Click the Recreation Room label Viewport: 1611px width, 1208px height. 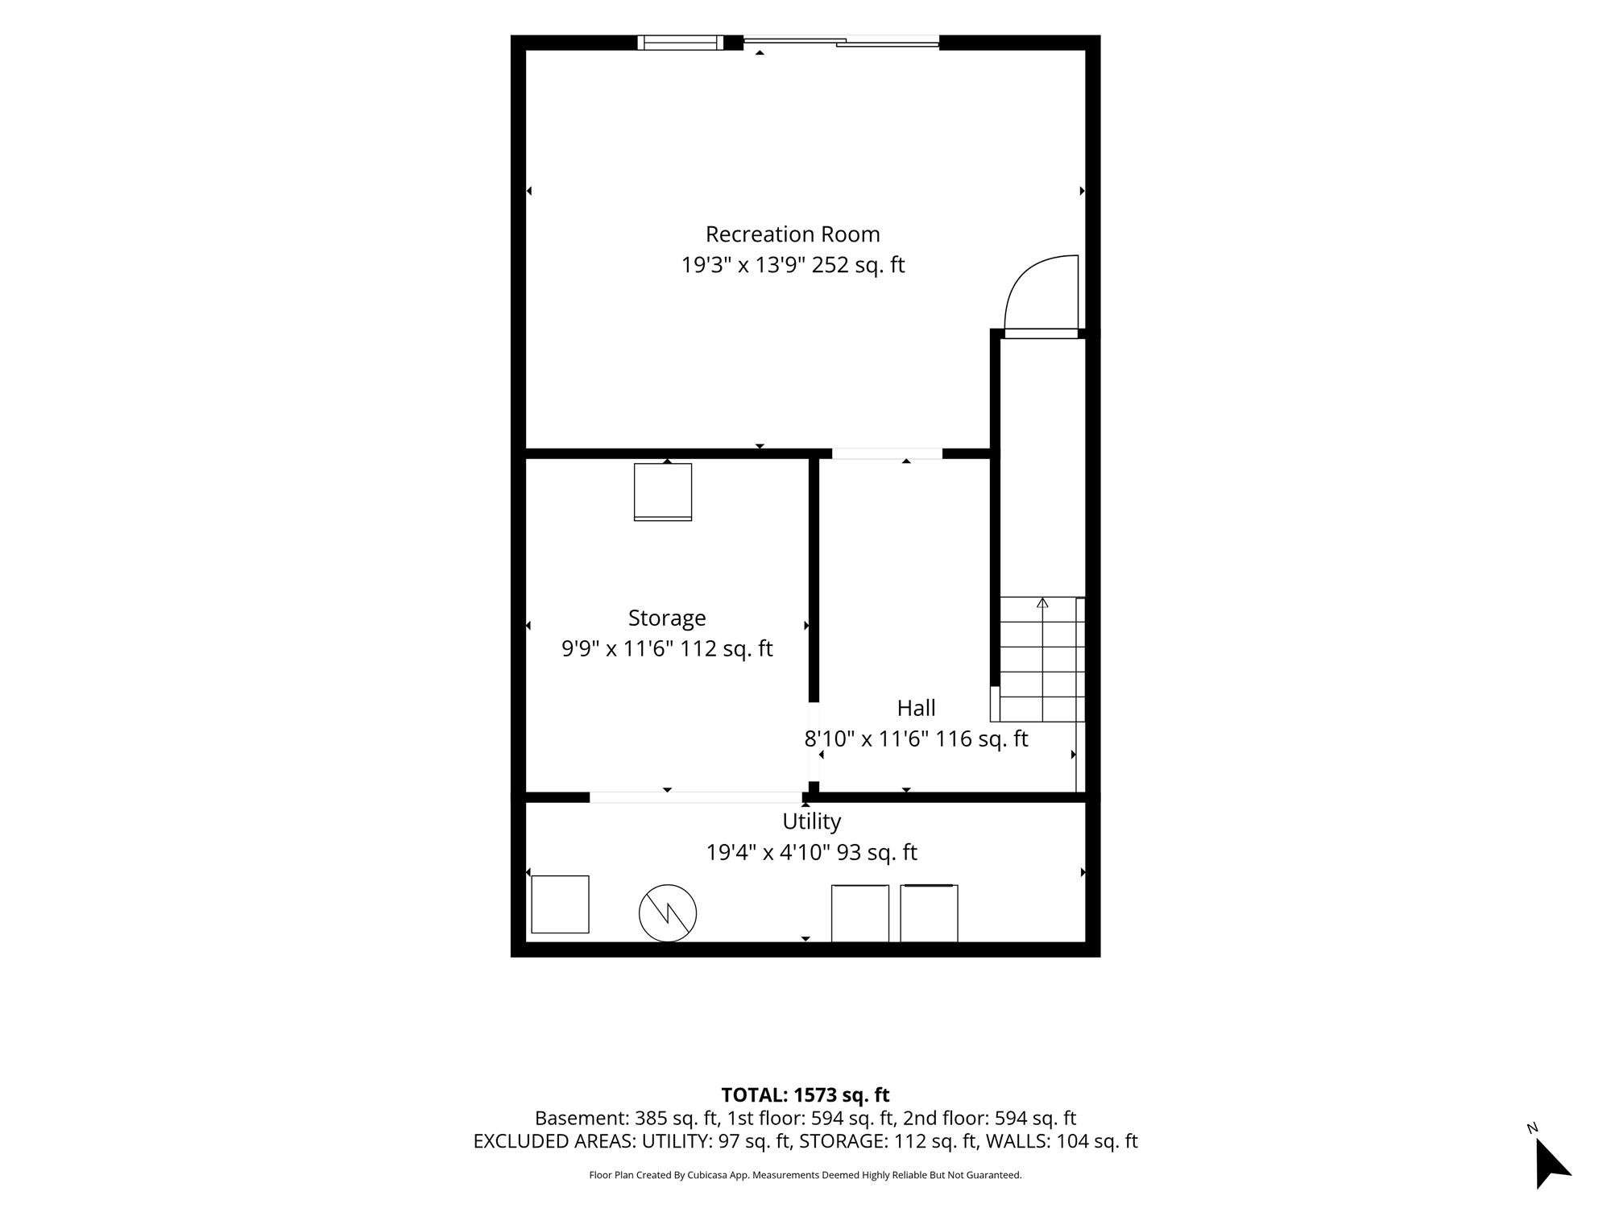[x=793, y=234]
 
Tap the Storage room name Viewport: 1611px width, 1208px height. [x=667, y=618]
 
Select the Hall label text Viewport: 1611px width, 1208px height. [x=916, y=708]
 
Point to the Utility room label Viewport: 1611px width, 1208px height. [x=811, y=821]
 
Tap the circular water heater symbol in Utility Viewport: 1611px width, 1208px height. [x=668, y=913]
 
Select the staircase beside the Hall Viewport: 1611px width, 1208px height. [x=1038, y=659]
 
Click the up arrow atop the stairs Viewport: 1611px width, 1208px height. [x=1042, y=602]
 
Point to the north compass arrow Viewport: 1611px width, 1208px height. [x=1551, y=1162]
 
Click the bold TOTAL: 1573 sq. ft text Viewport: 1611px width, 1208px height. [x=805, y=1095]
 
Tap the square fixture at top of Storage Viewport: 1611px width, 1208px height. [x=663, y=492]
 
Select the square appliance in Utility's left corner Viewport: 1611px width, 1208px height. [x=561, y=904]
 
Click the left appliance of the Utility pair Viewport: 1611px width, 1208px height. [x=860, y=913]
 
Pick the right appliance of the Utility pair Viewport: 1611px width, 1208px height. [x=929, y=913]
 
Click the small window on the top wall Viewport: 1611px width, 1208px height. [x=681, y=43]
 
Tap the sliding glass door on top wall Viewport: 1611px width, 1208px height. [x=841, y=42]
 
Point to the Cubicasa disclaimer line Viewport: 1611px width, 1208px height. [x=805, y=1175]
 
